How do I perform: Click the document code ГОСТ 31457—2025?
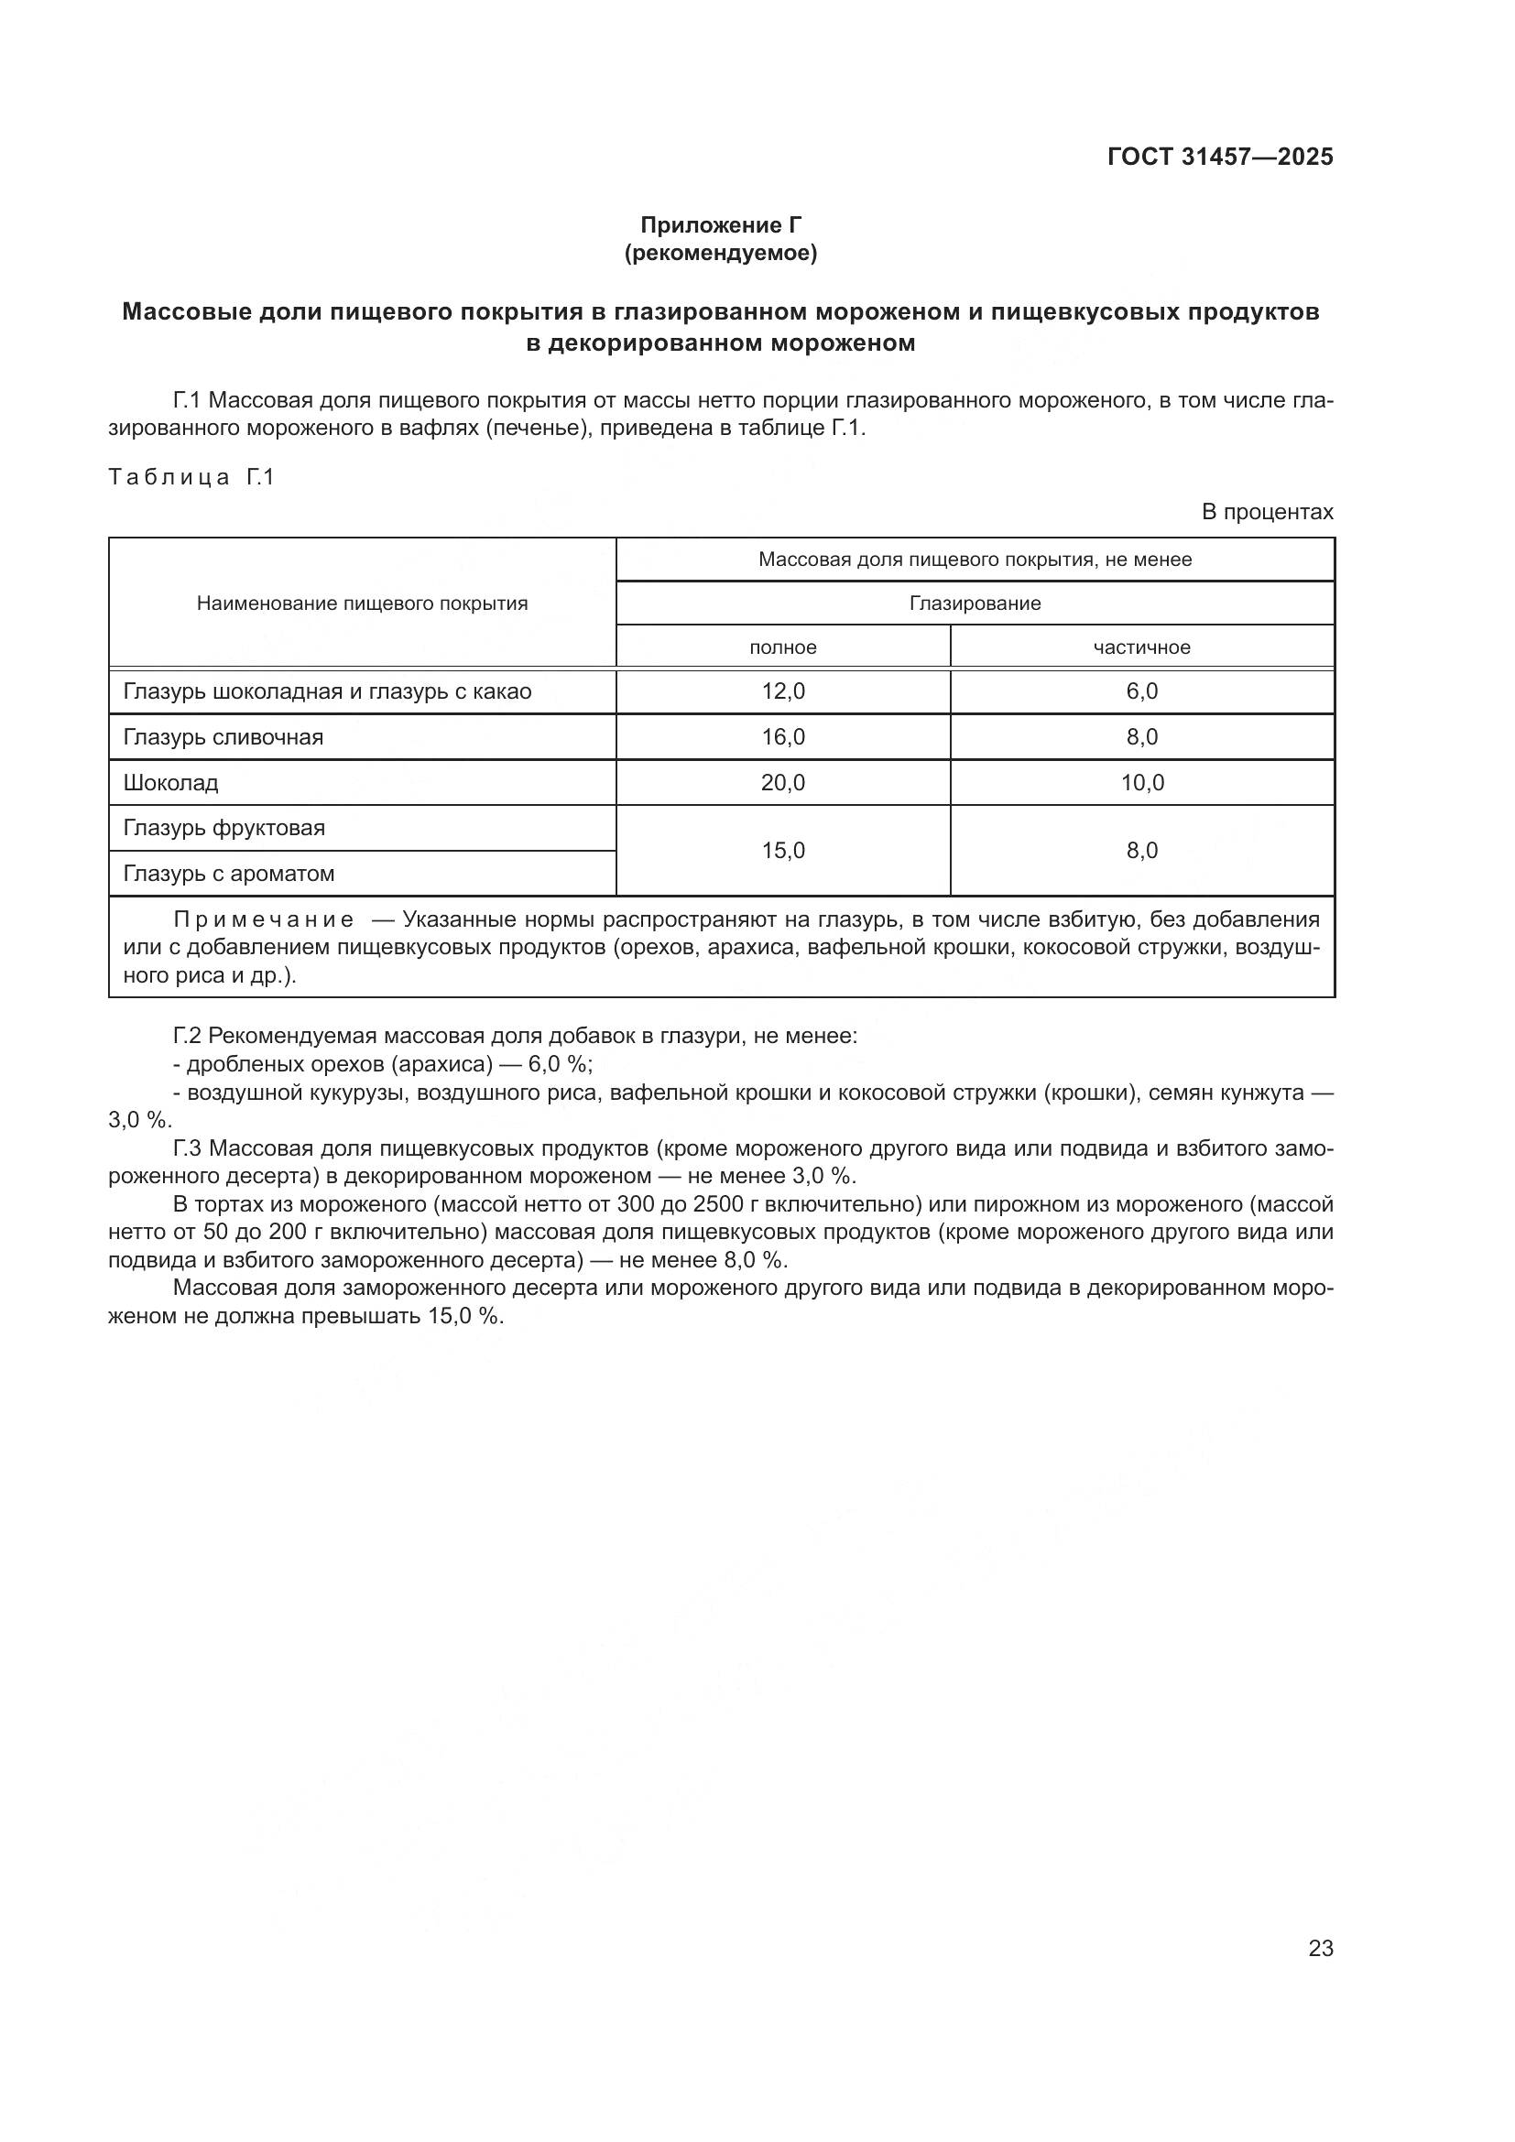click(1220, 157)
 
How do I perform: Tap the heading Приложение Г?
click(720, 225)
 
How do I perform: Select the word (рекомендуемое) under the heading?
click(720, 253)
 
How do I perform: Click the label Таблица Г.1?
click(191, 478)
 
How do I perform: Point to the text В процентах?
click(1267, 512)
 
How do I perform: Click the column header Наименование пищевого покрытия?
click(362, 603)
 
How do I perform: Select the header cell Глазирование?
click(975, 603)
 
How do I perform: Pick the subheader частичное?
click(1142, 647)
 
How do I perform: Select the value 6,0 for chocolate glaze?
click(1142, 691)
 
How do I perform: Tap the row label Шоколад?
click(170, 783)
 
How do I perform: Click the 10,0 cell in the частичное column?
click(1142, 783)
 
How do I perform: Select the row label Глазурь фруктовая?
click(223, 829)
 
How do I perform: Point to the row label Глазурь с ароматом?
click(229, 875)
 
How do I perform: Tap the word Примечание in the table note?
click(264, 919)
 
